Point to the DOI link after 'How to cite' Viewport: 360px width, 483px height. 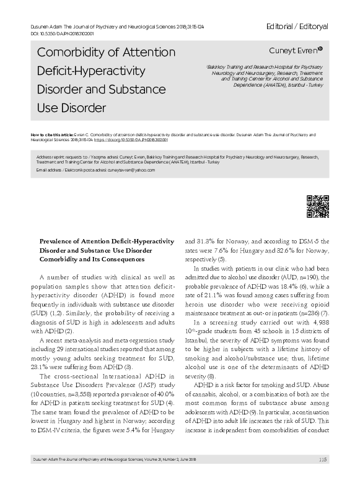pyautogui.click(x=131, y=140)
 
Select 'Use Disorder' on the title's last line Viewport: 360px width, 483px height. pyautogui.click(x=63, y=109)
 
